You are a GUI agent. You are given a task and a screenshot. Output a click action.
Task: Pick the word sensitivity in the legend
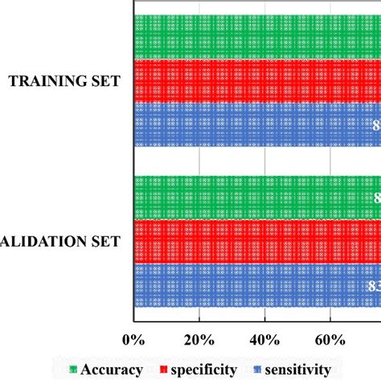tap(293, 369)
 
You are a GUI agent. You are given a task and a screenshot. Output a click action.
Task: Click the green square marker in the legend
tap(74, 370)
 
